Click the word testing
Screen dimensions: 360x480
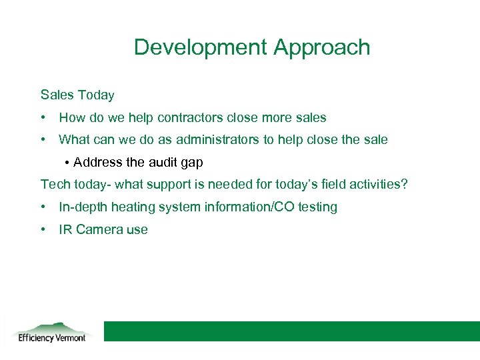317,207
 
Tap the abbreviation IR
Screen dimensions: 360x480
65,230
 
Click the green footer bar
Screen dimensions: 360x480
291,331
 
